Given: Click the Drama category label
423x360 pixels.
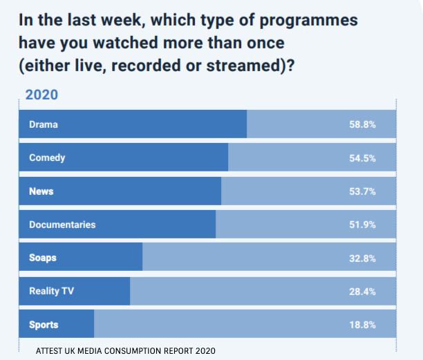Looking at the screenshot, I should (43, 124).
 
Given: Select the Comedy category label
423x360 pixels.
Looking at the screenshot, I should (47, 158).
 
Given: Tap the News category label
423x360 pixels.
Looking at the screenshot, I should (41, 191).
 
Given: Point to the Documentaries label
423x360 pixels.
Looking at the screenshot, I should (62, 225).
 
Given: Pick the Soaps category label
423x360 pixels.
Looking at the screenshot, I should (43, 258).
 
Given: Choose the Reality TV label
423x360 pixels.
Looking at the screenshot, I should (51, 292).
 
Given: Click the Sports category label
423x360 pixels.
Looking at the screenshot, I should (44, 325).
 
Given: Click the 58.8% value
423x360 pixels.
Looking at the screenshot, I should (362, 124).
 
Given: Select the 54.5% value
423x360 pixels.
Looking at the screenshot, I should (362, 158).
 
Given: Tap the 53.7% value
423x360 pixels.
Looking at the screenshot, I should (362, 191).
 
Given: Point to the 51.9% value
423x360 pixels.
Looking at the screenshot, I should (362, 225).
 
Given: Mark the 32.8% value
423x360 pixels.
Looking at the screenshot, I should (362, 258).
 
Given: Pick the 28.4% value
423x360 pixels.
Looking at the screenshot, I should (362, 292).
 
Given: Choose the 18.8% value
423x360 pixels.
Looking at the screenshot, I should (362, 325).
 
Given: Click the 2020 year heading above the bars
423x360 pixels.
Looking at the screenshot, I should (41, 95).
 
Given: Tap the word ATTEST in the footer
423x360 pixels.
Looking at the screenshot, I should (52, 350).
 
